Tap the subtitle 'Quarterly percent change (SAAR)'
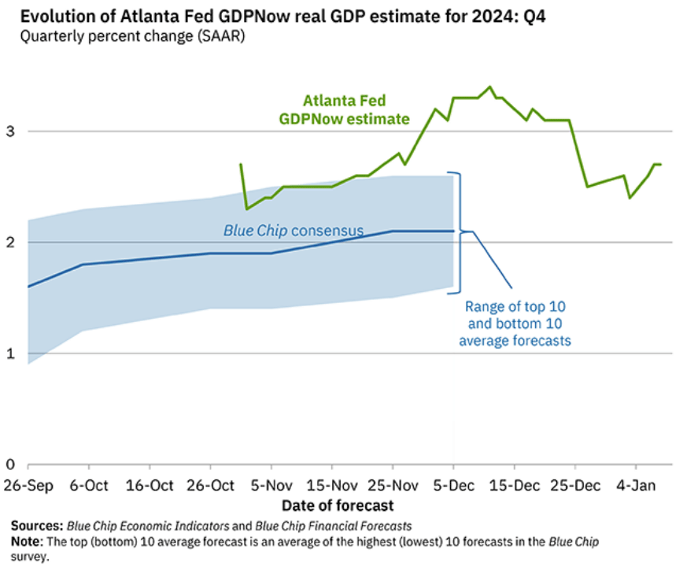(128, 36)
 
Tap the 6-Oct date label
(89, 484)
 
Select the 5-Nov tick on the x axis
(271, 484)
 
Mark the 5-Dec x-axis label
(453, 484)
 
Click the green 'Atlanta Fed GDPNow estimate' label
(345, 110)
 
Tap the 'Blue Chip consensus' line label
(293, 231)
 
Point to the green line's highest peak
(489, 87)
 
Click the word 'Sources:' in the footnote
(36, 526)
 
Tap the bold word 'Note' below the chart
(26, 542)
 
